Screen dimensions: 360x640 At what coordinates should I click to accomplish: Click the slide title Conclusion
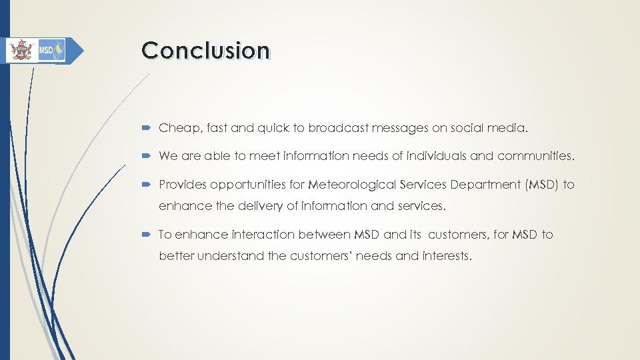click(x=206, y=51)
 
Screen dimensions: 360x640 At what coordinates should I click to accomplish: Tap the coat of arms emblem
click(x=21, y=50)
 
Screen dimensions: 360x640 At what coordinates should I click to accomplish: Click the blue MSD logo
click(x=51, y=50)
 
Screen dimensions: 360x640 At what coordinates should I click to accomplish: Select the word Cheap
click(x=175, y=128)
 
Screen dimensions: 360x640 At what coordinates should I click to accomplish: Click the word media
click(x=509, y=128)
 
